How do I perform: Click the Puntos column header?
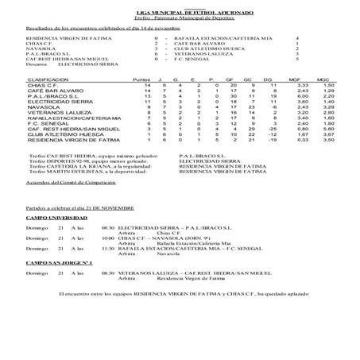tap(142, 81)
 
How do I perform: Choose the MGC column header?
tap(323, 81)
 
